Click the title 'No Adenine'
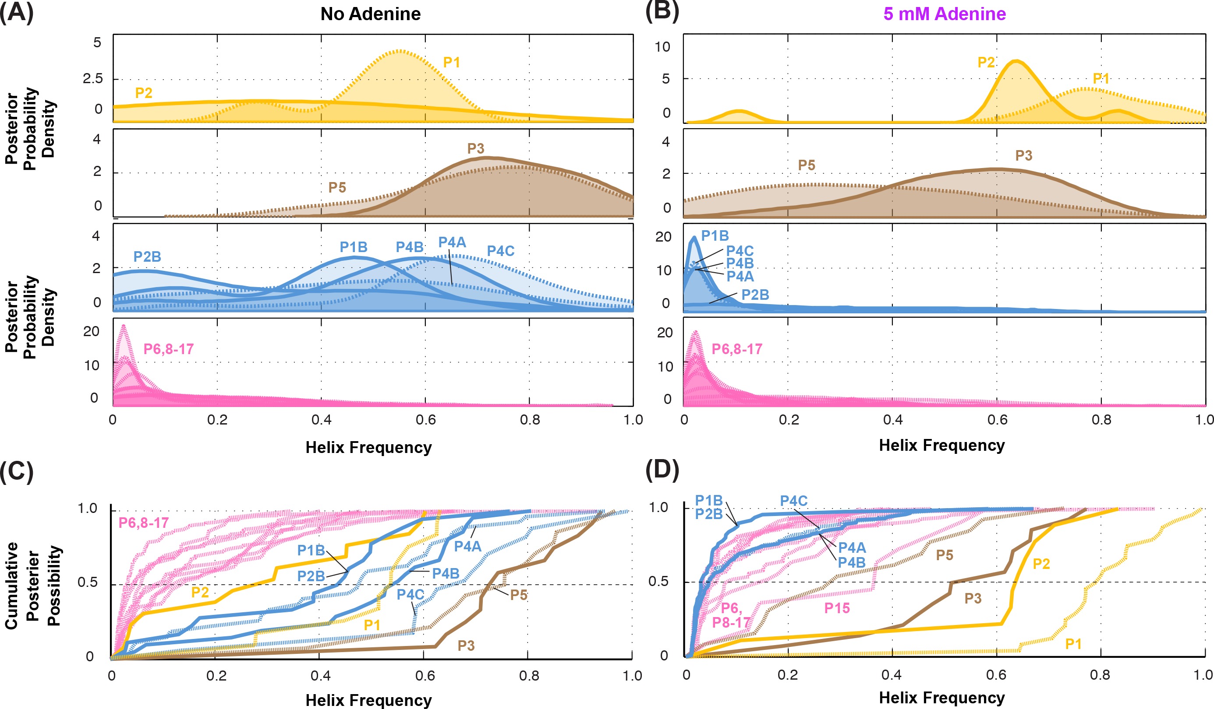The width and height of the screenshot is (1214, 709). (371, 14)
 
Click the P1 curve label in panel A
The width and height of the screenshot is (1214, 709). (451, 63)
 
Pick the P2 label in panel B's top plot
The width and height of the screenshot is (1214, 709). (986, 63)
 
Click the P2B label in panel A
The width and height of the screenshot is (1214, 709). (147, 256)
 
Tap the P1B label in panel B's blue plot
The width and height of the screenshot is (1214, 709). (715, 235)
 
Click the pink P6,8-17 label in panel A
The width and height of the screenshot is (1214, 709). (169, 349)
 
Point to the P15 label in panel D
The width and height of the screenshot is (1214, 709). (837, 608)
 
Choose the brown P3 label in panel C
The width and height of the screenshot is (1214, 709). (466, 646)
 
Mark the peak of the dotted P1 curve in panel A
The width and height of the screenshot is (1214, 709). (400, 50)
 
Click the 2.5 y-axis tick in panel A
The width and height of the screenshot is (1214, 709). (92, 78)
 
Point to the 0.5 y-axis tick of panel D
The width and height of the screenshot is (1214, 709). (658, 582)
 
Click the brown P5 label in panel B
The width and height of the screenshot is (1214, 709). (807, 165)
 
